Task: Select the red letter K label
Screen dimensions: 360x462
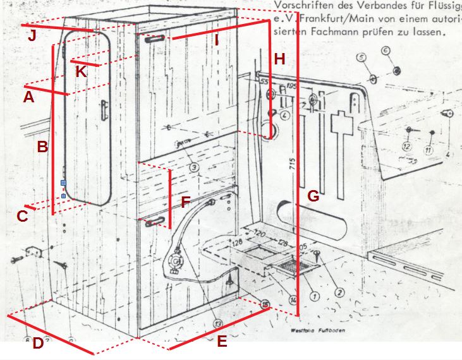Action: click(80, 72)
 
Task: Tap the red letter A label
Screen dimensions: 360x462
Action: click(28, 97)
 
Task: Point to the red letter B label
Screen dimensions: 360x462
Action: click(42, 147)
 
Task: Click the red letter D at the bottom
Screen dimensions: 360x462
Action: click(38, 343)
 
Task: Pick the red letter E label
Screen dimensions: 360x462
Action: click(221, 342)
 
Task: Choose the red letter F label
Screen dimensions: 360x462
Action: click(185, 203)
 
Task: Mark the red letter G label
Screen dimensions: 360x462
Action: click(312, 196)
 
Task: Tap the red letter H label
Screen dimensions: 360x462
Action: click(279, 59)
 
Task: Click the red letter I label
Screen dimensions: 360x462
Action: click(216, 40)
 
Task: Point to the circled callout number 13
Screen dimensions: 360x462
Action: click(217, 323)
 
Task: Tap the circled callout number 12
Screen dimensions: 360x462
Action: click(407, 146)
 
